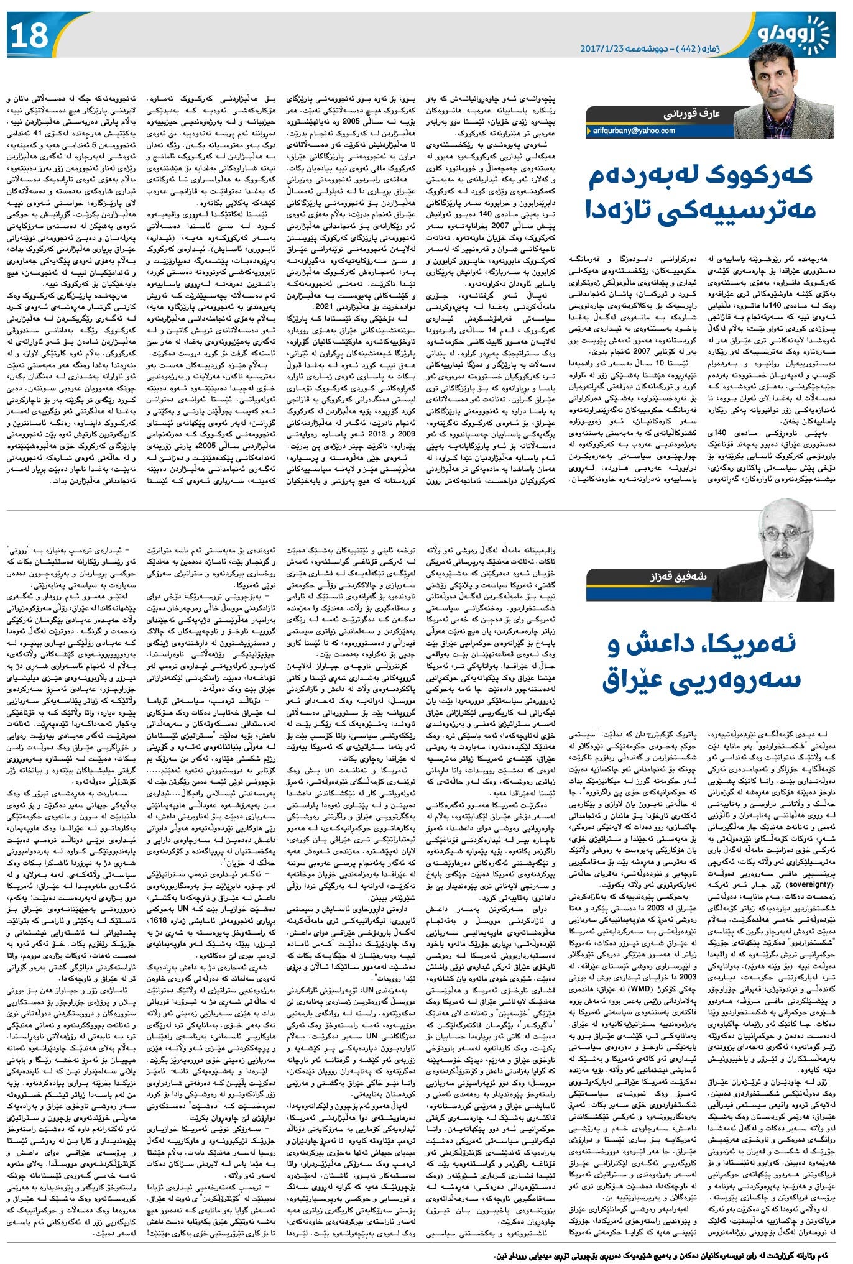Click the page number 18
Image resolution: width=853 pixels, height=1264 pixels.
coord(29,35)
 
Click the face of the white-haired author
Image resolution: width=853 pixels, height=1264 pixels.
coord(780,531)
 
